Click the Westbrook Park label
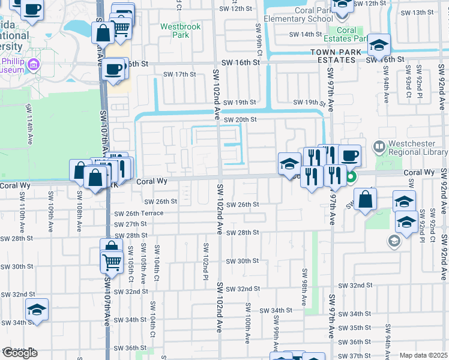[x=175, y=31]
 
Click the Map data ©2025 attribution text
[x=423, y=355]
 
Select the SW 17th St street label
[x=180, y=74]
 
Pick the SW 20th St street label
[x=240, y=120]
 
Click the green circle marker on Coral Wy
[x=351, y=177]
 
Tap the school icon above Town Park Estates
[x=379, y=44]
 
